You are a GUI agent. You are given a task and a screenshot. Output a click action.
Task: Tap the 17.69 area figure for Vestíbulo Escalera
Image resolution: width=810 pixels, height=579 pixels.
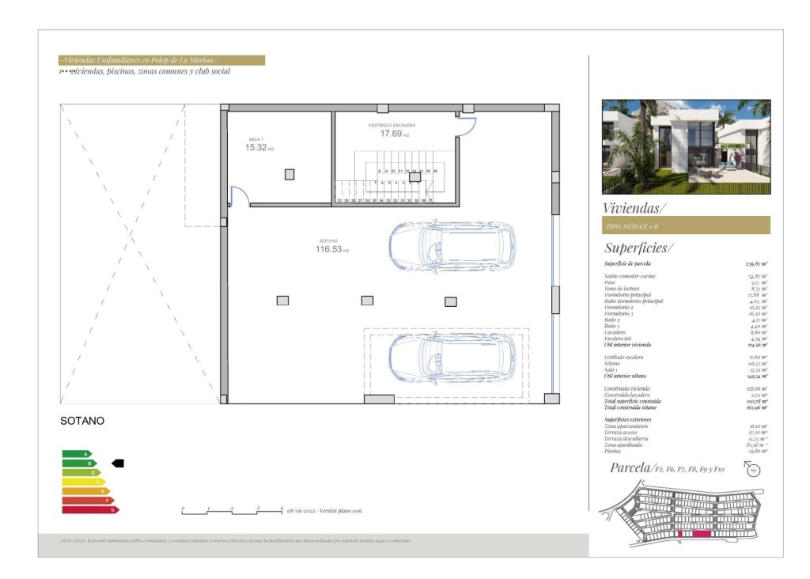(x=391, y=134)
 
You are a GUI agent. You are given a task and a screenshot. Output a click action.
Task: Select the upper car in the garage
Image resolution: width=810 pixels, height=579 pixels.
(x=452, y=245)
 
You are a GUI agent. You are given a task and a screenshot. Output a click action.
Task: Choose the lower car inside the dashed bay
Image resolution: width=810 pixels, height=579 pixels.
(x=452, y=358)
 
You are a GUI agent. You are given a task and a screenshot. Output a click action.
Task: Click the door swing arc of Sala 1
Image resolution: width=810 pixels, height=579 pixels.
(x=240, y=195)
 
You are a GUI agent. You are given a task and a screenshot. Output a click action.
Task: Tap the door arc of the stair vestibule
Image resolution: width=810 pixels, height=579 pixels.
(x=467, y=125)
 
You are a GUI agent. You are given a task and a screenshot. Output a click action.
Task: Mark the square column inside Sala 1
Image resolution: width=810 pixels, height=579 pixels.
(x=290, y=174)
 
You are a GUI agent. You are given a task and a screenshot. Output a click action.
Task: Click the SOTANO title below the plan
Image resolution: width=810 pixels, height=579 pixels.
(x=82, y=422)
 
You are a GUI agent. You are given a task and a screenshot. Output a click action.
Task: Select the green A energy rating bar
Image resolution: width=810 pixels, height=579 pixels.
(x=77, y=454)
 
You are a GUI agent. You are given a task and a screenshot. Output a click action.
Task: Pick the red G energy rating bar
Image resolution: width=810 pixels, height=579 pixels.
(x=90, y=510)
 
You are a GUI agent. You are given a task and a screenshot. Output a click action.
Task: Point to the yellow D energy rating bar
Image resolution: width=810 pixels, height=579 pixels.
(x=83, y=482)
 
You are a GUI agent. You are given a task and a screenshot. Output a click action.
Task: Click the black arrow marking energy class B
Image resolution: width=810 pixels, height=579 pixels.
(x=118, y=463)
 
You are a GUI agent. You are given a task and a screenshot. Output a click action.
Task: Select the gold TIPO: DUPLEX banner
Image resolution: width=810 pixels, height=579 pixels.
(x=686, y=225)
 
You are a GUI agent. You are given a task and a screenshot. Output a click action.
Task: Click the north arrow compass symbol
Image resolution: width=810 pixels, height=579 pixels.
(x=753, y=470)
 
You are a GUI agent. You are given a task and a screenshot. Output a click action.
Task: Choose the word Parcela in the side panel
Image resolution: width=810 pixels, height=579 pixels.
(x=630, y=467)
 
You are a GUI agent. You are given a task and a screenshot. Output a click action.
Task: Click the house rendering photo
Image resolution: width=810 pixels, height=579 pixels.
(x=686, y=146)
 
